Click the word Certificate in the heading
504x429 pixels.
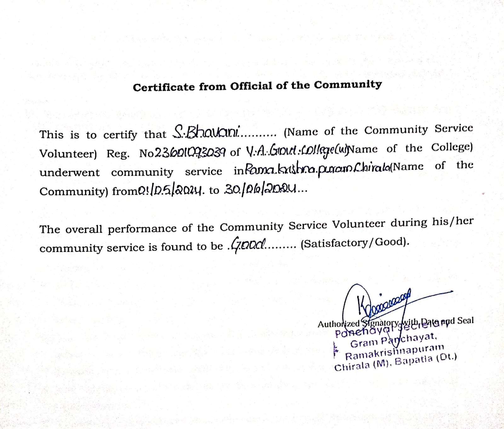point(163,87)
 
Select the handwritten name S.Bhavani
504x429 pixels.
point(207,132)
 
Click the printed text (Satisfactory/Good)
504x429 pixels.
point(355,243)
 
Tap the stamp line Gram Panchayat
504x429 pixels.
point(394,340)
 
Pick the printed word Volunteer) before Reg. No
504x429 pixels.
point(68,154)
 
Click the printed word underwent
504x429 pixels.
point(69,173)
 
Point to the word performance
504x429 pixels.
point(142,228)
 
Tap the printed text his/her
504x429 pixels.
point(452,222)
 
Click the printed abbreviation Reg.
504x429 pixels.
point(118,154)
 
